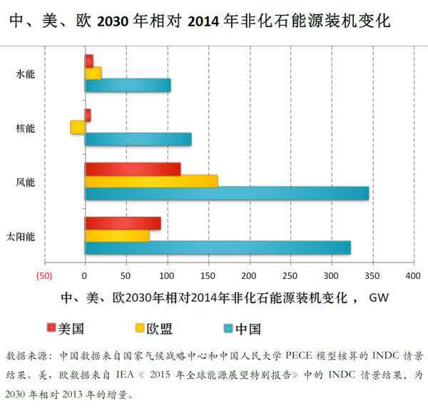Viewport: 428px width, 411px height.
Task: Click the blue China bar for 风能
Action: coord(227,193)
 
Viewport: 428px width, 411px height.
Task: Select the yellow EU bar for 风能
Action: coord(151,181)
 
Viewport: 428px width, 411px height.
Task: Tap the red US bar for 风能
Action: coord(133,169)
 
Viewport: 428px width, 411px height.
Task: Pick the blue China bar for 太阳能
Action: coord(218,248)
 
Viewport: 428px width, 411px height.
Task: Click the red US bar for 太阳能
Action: coord(123,223)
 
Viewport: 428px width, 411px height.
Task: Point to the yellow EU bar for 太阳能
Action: coord(117,235)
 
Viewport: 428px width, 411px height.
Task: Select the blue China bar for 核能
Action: coord(138,139)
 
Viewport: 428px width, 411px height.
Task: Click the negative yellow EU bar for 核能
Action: coord(78,127)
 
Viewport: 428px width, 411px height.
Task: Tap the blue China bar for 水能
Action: coord(128,86)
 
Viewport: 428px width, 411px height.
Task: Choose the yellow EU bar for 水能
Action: coord(93,73)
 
